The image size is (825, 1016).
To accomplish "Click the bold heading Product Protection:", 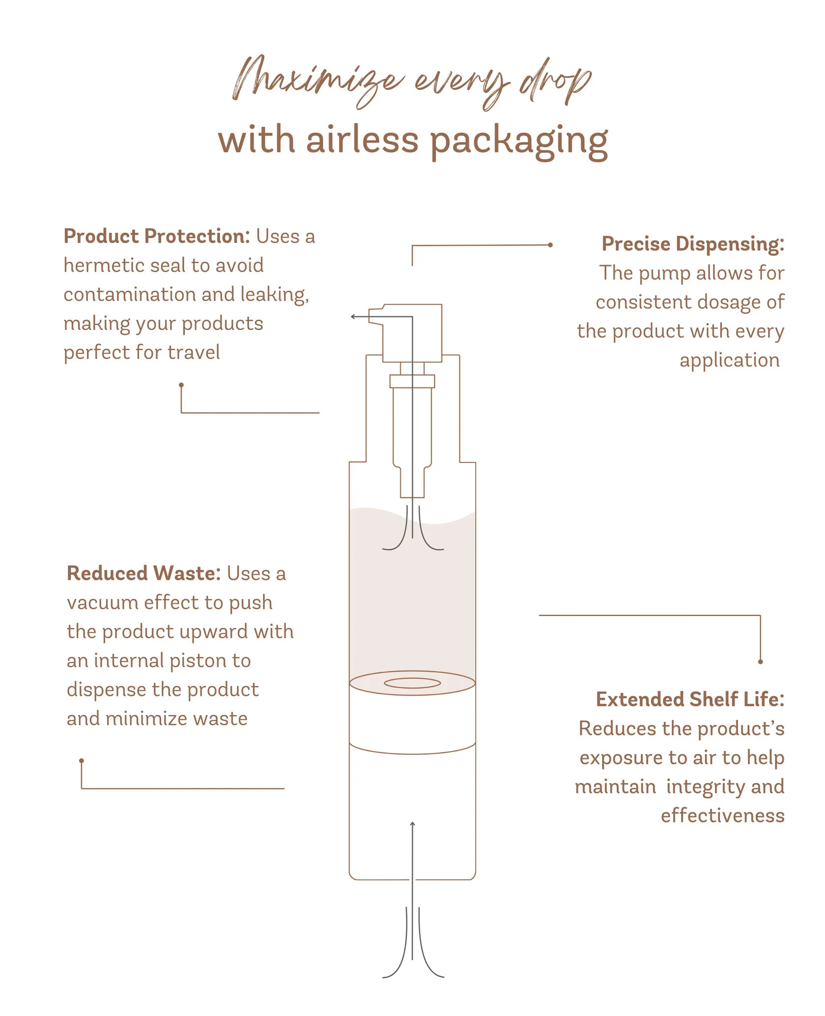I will click(x=157, y=236).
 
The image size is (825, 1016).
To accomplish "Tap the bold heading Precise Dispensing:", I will click(x=692, y=244).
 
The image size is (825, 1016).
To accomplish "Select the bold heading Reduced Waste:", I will click(x=143, y=573).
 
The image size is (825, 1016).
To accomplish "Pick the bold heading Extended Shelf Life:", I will click(x=689, y=699).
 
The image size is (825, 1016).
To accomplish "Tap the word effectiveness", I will click(x=722, y=815).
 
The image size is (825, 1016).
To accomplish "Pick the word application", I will click(x=729, y=360).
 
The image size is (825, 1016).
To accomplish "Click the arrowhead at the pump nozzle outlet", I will click(x=353, y=317).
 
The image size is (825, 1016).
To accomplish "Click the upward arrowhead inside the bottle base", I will click(x=412, y=824).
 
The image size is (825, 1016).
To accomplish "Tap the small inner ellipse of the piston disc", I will click(x=412, y=683).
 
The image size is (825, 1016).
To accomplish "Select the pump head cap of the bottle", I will click(x=412, y=333).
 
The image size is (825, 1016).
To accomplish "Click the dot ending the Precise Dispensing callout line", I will click(x=550, y=245).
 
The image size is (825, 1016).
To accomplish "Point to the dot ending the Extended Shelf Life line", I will click(x=760, y=661).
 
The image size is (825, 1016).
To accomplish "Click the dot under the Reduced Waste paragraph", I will click(x=82, y=761).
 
